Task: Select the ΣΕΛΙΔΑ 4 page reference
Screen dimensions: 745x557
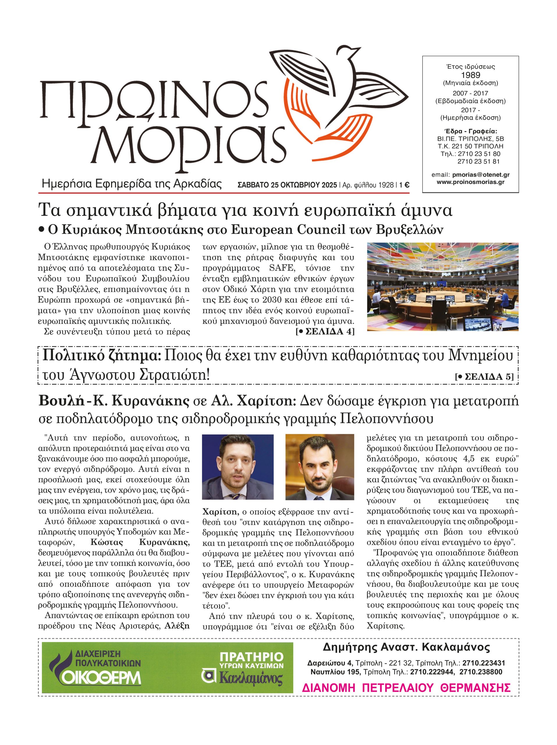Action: coord(325,331)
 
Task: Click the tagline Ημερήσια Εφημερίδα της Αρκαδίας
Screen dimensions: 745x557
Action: coord(131,184)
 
